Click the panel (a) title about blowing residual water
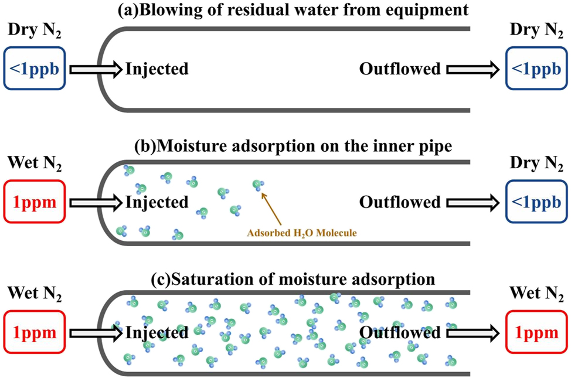tap(285, 9)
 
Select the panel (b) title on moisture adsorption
tap(285, 146)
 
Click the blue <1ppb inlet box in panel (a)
tap(33, 69)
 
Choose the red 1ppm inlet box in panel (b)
tap(33, 202)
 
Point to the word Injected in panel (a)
tap(157, 69)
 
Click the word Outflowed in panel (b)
tap(399, 202)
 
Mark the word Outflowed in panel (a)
tap(399, 69)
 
